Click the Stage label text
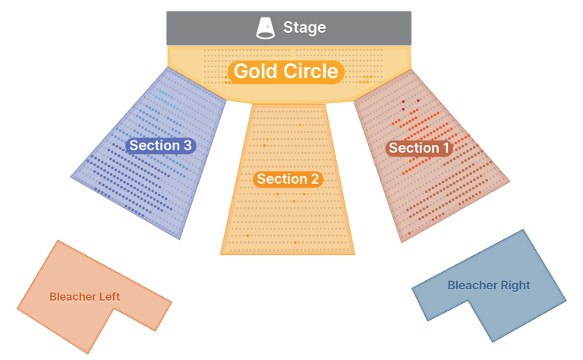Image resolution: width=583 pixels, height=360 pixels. (x=304, y=28)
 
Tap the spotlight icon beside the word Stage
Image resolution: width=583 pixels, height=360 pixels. (x=266, y=28)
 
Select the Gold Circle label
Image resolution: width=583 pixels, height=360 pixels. (x=285, y=71)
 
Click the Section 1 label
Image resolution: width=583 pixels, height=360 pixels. (x=418, y=148)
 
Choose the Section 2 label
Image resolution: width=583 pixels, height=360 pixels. (x=288, y=179)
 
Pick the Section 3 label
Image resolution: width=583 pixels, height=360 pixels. (x=160, y=145)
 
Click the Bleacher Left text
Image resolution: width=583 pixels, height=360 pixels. (x=84, y=296)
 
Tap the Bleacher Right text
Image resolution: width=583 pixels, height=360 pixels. (x=488, y=286)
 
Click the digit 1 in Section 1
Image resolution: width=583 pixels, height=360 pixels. (x=445, y=148)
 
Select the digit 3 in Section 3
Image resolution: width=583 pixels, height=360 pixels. (x=187, y=145)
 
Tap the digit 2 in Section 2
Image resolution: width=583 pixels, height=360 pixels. (x=314, y=179)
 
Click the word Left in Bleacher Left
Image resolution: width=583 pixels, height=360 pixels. (x=108, y=296)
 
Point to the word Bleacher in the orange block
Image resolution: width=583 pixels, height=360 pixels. (x=70, y=296)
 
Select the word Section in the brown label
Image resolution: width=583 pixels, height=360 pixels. (x=411, y=148)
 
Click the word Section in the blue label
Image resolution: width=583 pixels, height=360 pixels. (x=153, y=145)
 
